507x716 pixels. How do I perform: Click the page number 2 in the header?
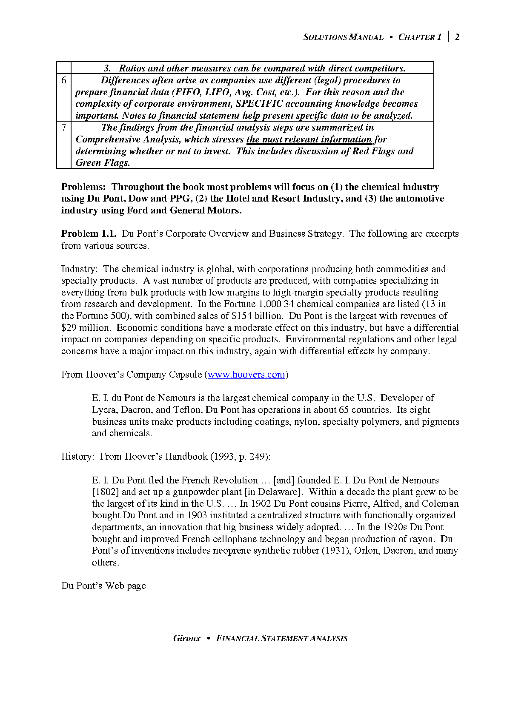(x=457, y=37)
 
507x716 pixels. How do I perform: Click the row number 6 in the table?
(x=64, y=80)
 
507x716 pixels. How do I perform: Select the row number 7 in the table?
(x=64, y=128)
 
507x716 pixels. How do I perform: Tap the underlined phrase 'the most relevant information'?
(x=309, y=139)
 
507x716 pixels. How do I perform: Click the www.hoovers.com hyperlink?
(x=246, y=375)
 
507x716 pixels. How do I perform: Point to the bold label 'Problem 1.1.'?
(x=89, y=234)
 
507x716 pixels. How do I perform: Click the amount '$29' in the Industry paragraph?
(x=69, y=328)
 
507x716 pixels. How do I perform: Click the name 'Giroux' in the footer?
(x=186, y=638)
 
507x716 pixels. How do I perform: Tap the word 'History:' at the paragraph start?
(x=77, y=457)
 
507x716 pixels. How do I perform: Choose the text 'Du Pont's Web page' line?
(x=103, y=586)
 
